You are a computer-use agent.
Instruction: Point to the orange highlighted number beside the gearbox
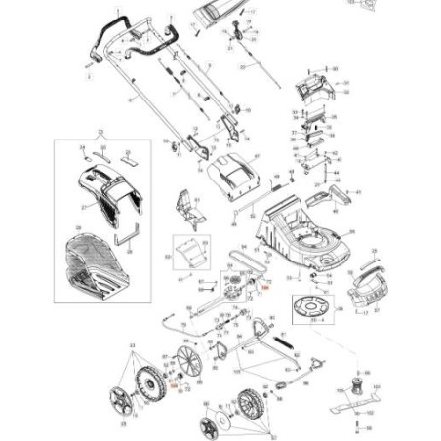tap(262, 287)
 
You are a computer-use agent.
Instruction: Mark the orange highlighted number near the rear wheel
tap(174, 386)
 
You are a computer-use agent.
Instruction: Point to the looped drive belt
tap(245, 261)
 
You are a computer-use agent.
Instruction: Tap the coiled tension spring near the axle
tap(284, 344)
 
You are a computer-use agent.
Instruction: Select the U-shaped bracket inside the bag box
tap(128, 236)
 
